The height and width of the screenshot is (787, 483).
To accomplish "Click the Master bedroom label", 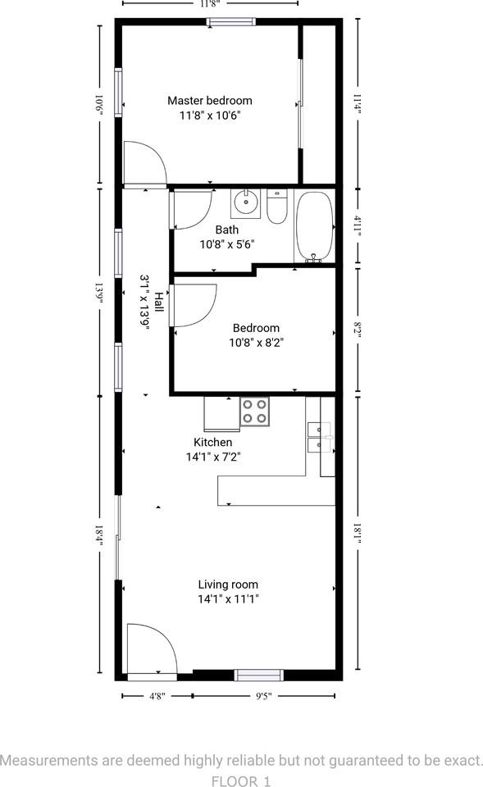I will click(210, 101).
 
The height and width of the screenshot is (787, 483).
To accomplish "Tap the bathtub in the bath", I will click(314, 226).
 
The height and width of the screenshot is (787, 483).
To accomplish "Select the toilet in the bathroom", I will click(276, 207).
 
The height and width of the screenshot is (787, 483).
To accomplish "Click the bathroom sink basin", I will click(245, 201).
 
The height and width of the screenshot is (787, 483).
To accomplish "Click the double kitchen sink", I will click(319, 437).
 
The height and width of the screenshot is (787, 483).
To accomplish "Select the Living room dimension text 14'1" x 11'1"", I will click(228, 599).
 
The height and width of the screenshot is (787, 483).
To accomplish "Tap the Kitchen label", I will click(212, 442).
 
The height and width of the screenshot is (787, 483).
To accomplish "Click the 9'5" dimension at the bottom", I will click(263, 696).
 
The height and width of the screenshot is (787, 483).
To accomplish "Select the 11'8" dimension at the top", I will click(210, 3).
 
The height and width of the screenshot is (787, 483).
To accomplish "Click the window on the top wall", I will click(230, 22).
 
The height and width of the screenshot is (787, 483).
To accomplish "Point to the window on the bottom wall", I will click(259, 676).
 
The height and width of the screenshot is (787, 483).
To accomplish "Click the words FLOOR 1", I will click(241, 781).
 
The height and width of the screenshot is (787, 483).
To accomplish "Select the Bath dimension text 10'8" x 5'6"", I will click(227, 244).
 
